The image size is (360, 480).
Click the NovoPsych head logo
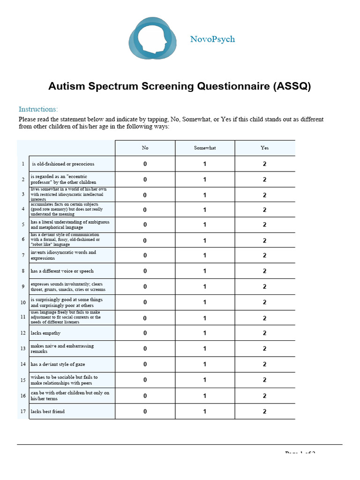(x=153, y=38)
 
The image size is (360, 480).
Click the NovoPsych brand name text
(x=212, y=39)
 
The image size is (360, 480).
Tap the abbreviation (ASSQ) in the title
(x=292, y=87)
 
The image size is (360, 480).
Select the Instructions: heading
(x=38, y=109)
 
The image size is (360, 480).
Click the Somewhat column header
(x=205, y=148)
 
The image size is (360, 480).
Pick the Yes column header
(x=265, y=148)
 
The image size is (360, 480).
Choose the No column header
(x=145, y=148)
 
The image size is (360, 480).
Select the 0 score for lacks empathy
(x=145, y=333)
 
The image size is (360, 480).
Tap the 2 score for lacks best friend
(x=265, y=412)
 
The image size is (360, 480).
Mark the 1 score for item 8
(x=205, y=271)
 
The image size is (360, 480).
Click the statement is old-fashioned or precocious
(x=63, y=164)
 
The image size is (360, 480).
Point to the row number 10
(x=23, y=303)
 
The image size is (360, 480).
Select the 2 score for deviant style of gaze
(x=265, y=364)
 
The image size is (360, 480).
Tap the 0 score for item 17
(x=145, y=412)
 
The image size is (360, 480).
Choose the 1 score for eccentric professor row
(x=205, y=180)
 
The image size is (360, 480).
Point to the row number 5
(x=23, y=225)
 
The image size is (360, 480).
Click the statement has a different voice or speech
(x=62, y=271)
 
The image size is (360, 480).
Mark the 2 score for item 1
(x=265, y=164)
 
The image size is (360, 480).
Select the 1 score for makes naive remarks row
(x=205, y=349)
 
